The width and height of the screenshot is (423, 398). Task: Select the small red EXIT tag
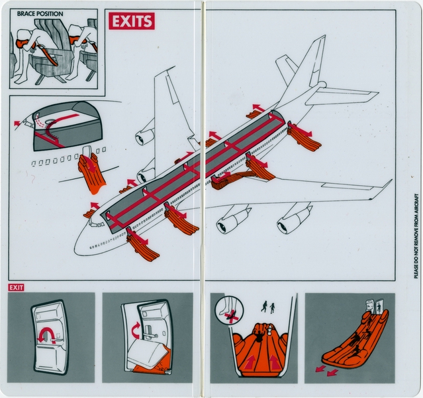(16, 287)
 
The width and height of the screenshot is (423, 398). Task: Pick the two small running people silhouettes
(269, 306)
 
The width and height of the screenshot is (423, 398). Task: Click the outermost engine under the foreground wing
(293, 220)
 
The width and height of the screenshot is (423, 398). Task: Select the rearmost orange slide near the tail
(305, 138)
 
